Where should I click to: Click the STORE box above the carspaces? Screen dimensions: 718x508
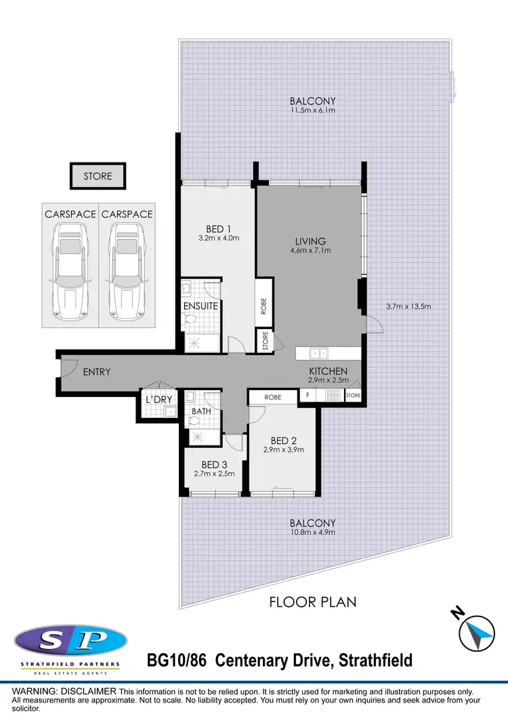[x=98, y=176]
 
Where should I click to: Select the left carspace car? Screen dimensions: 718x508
[x=70, y=260]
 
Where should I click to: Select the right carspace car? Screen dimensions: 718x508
[x=127, y=260]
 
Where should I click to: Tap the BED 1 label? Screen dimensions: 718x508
[x=218, y=228]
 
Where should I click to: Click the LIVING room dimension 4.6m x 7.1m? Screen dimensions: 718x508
[x=310, y=251]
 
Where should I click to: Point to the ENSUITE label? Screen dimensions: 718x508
[x=201, y=306]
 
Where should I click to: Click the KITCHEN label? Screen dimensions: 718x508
[x=328, y=371]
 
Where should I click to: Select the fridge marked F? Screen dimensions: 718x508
[x=308, y=396]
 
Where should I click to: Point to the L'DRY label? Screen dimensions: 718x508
[x=159, y=400]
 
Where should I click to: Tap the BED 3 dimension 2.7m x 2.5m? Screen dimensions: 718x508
[x=213, y=473]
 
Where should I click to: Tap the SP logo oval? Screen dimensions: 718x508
[x=70, y=639]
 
